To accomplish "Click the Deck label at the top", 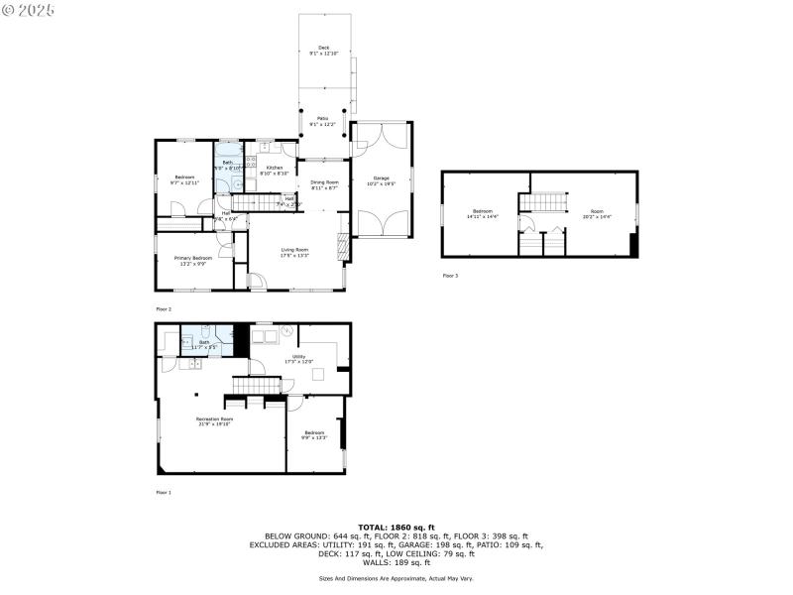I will (323, 48).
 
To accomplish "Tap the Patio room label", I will (323, 118).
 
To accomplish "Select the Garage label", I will (381, 178).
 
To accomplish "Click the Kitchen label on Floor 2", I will (274, 168).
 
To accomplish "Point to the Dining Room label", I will (324, 181).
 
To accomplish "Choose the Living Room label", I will (294, 249).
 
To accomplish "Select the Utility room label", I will (298, 356).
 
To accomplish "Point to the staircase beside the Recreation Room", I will (252, 385).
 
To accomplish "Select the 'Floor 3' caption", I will (450, 275).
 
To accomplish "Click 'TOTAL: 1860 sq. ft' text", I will (396, 527).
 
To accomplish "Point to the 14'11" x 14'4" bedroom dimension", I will (483, 217).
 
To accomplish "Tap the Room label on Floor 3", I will (596, 211).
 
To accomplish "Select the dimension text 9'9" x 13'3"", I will (314, 437).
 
